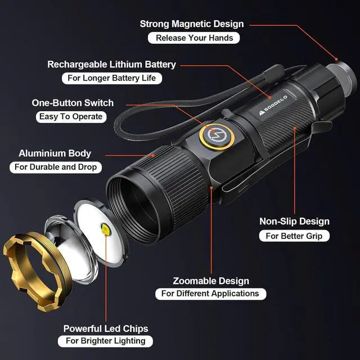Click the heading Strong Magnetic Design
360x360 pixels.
(x=192, y=24)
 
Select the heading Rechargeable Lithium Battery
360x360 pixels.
(x=111, y=65)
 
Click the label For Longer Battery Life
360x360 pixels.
(x=111, y=78)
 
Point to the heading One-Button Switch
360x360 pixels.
(x=73, y=103)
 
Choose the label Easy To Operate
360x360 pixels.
(x=71, y=116)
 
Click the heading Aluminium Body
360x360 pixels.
(x=55, y=153)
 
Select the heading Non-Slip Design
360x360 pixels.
(x=294, y=222)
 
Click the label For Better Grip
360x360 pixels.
(x=294, y=236)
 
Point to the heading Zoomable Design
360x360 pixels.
(x=211, y=281)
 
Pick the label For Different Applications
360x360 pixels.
(x=210, y=294)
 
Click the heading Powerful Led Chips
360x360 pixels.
(x=106, y=328)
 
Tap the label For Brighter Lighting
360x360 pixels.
(x=105, y=341)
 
